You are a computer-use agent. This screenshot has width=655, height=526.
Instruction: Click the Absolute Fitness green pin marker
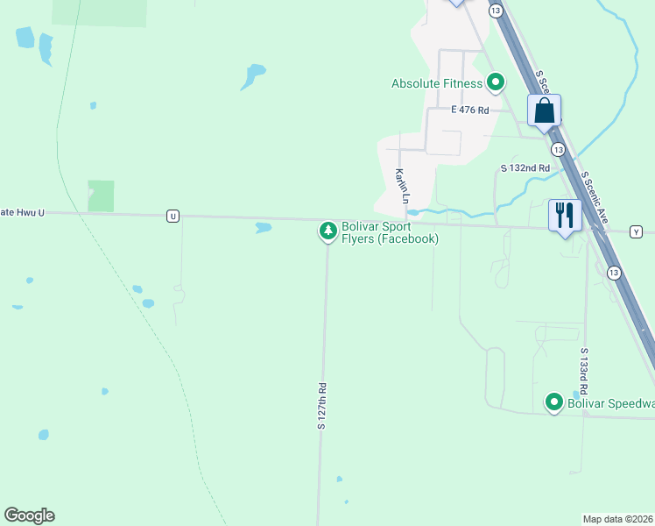[496, 83]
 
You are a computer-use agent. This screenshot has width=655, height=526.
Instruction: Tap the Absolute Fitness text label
[437, 84]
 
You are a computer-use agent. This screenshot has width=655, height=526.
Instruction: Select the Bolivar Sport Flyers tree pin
[328, 231]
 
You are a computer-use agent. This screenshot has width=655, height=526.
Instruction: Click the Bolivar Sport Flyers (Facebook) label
[390, 232]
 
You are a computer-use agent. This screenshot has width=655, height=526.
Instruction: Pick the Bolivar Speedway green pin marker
[554, 402]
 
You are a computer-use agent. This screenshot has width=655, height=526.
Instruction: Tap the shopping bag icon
[544, 111]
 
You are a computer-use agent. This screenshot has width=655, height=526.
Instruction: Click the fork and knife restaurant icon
[565, 215]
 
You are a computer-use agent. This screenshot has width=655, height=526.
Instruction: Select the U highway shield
[173, 216]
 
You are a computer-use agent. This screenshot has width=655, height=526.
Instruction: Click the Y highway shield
[636, 231]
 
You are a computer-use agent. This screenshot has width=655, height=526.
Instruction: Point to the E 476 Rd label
[469, 110]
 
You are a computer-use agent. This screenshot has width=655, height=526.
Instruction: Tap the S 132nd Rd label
[525, 167]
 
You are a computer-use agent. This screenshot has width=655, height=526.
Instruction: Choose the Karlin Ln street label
[401, 187]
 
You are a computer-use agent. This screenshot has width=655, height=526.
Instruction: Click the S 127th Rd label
[322, 406]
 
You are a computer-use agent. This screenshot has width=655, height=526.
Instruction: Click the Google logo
[29, 515]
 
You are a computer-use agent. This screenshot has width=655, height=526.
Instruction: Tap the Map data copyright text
[617, 519]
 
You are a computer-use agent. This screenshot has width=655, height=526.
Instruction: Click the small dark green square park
[101, 195]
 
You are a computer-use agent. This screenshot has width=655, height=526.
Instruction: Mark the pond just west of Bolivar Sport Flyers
[263, 228]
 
